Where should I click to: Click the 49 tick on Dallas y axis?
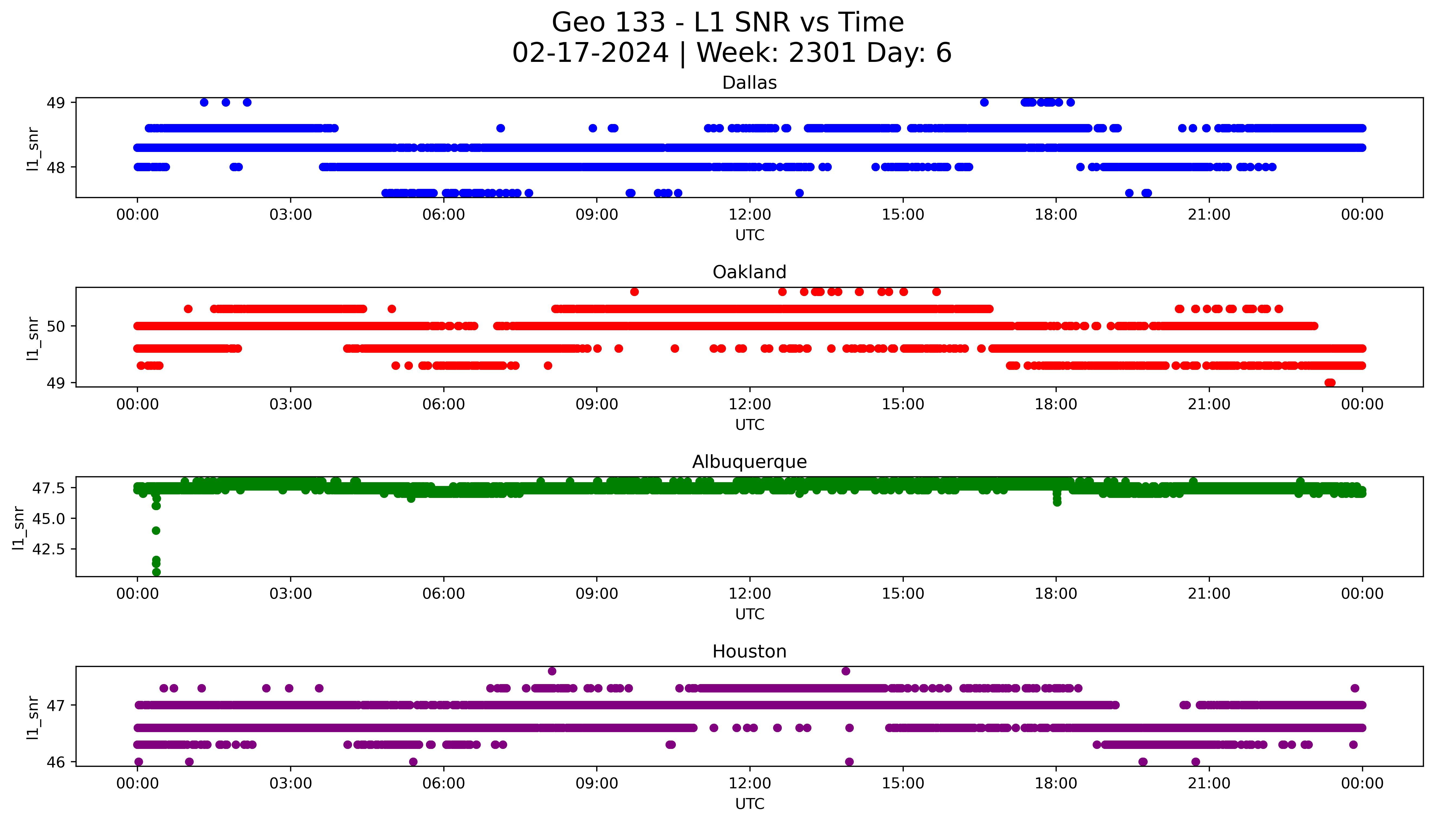click(x=57, y=103)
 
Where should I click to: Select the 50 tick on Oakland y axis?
click(x=57, y=326)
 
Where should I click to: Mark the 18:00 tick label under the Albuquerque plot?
click(x=1056, y=594)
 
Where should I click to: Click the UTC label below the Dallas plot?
click(x=749, y=235)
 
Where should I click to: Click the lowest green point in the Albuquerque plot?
click(x=156, y=572)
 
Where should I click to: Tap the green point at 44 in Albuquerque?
click(x=156, y=530)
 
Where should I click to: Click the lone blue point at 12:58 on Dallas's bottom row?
click(x=799, y=193)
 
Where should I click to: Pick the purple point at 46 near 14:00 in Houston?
click(x=849, y=762)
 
